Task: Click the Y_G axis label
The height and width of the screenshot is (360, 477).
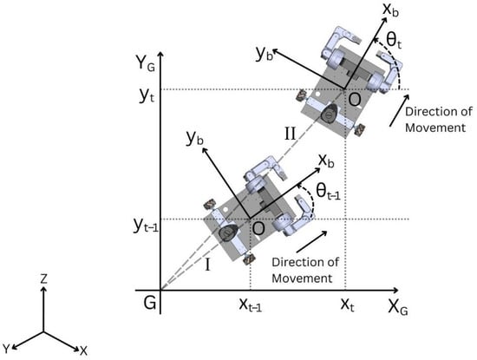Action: coord(146,63)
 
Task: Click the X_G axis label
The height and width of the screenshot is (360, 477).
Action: coord(398,307)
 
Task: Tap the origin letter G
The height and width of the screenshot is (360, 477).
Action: coord(150,303)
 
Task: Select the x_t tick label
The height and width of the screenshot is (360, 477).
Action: coord(347,304)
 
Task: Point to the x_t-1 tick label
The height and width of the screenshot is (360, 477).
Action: coord(251,304)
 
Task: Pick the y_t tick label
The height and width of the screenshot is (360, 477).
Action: coord(147,95)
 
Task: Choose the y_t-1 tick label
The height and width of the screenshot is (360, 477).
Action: coord(146,225)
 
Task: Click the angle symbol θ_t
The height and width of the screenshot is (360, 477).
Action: coord(394,41)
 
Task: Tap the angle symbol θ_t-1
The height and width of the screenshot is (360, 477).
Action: coord(328,192)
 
